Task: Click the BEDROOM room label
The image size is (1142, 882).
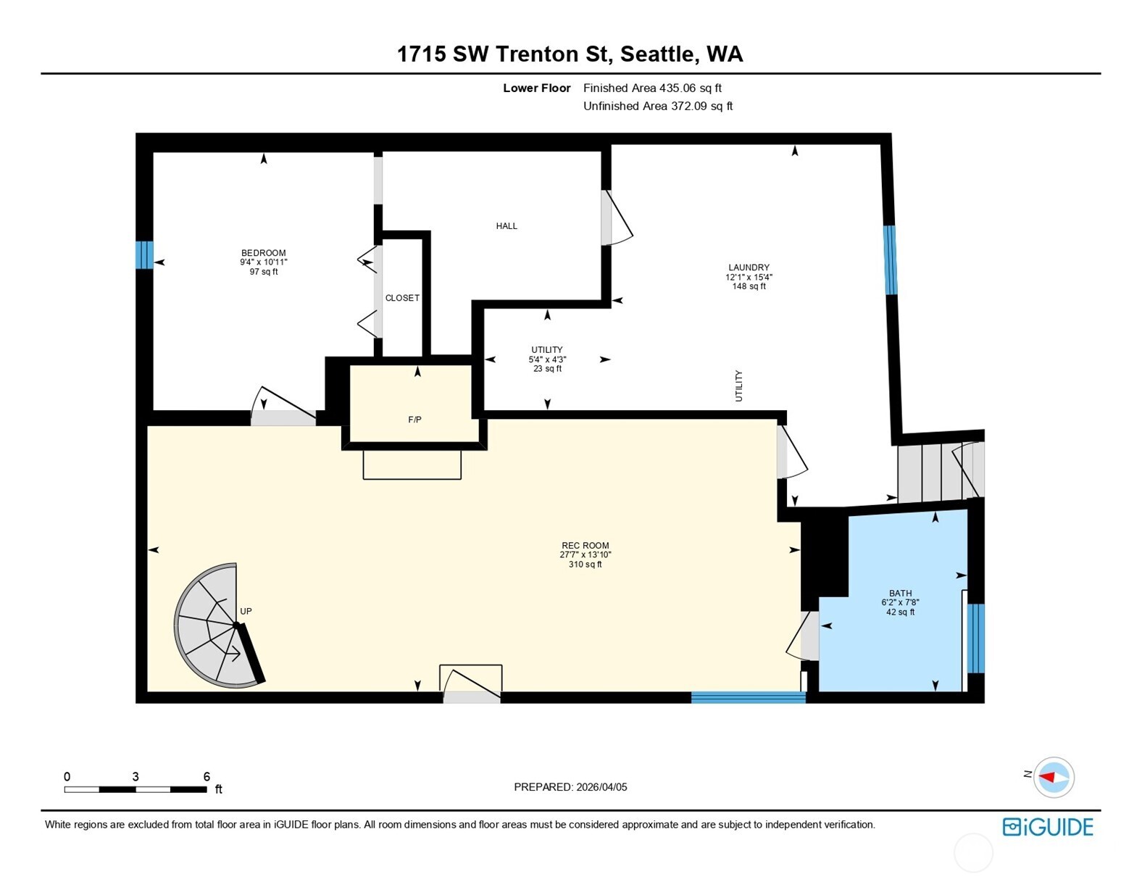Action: coord(263,253)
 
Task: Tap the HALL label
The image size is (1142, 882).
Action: coord(507,226)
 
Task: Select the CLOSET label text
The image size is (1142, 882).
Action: coord(402,298)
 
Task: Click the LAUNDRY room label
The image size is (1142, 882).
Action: coord(749,267)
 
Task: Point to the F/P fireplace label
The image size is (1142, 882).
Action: coord(414,420)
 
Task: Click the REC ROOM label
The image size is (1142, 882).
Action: coord(585,546)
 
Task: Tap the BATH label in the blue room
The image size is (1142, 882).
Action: coord(900,593)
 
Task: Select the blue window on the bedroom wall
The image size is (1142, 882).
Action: coord(144,255)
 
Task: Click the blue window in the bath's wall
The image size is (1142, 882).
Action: coord(975,638)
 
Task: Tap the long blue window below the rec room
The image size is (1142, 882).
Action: coord(748,698)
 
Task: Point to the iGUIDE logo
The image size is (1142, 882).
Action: coord(1048,827)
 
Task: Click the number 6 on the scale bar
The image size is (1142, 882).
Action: coord(207,776)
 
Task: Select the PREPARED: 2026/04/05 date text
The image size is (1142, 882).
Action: coord(570,787)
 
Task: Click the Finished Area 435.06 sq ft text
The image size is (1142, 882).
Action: coord(652,88)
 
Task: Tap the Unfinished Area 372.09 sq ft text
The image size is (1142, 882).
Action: coord(658,107)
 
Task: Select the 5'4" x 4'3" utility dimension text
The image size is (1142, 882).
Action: coord(547,359)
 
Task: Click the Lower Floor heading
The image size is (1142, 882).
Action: coord(537,88)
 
